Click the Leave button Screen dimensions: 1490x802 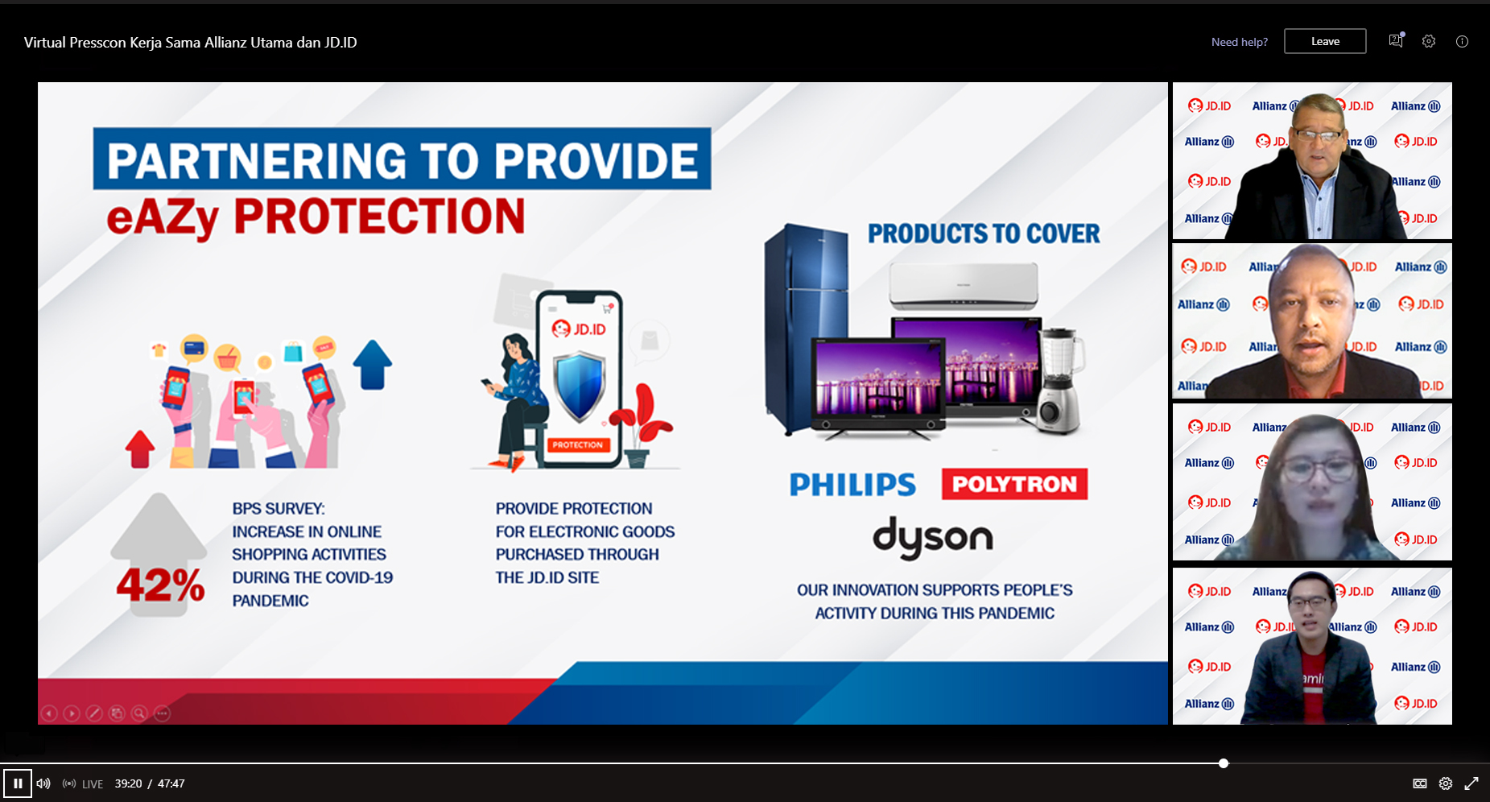point(1325,41)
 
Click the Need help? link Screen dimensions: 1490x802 point(1240,42)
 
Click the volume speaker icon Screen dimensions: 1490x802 point(43,783)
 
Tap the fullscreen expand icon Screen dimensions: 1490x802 point(1471,783)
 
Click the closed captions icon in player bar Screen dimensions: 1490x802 point(1420,783)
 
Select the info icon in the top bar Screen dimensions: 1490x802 point(1462,42)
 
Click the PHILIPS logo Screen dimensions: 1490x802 point(852,485)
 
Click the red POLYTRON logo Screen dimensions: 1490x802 point(1014,484)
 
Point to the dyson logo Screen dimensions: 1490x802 point(933,538)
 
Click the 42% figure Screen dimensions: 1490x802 point(161,585)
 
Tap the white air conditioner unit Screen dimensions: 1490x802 point(964,286)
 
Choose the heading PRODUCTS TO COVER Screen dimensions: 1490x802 point(984,234)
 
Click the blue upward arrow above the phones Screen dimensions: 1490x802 point(372,364)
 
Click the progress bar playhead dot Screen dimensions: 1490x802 point(1224,763)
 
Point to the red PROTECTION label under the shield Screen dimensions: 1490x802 point(577,444)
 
